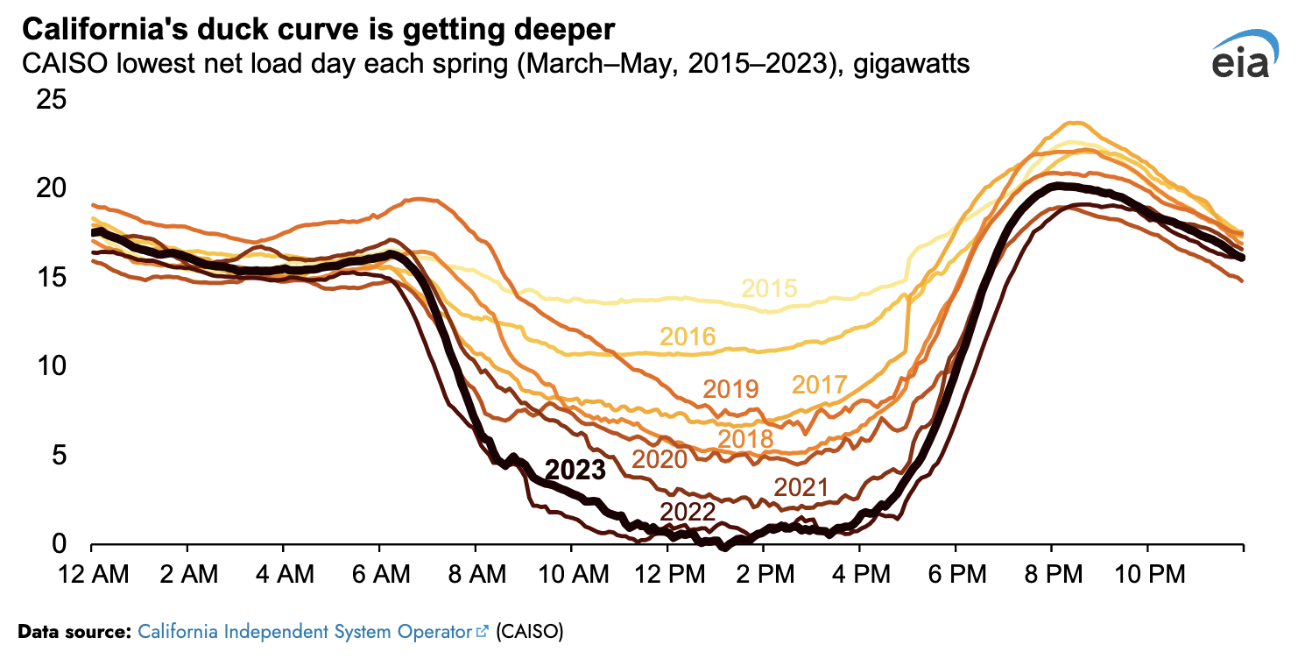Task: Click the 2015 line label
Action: click(769, 289)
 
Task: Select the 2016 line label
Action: click(688, 337)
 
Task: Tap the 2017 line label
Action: click(819, 385)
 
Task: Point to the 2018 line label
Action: click(744, 438)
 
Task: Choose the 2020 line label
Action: click(660, 458)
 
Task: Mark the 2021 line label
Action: click(801, 488)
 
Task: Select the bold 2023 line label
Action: click(575, 471)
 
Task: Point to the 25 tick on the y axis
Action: click(51, 99)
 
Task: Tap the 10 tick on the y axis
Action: click(51, 365)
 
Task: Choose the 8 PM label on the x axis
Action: click(1051, 575)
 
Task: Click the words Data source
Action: click(74, 631)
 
